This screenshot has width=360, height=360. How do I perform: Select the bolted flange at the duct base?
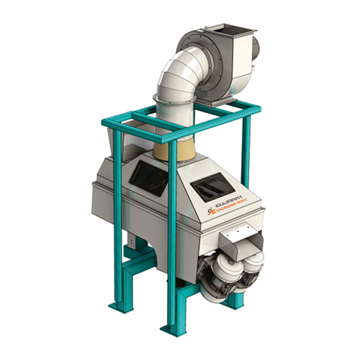[x=171, y=101]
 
